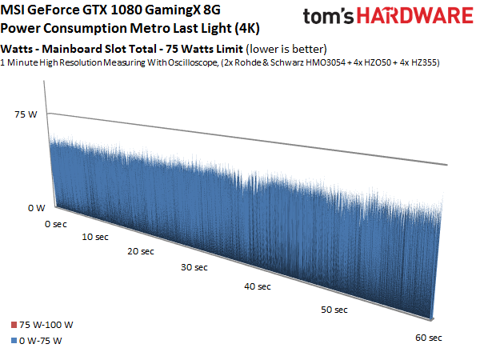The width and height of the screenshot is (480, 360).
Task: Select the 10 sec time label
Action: (x=95, y=237)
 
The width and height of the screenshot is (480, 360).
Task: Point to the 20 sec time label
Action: (x=141, y=251)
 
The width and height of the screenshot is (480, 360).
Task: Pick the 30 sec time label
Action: (x=194, y=267)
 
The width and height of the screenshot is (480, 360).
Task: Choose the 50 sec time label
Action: (x=334, y=310)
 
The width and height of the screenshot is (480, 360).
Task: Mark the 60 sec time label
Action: (x=429, y=338)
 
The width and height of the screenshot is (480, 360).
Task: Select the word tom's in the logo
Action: (x=330, y=16)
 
